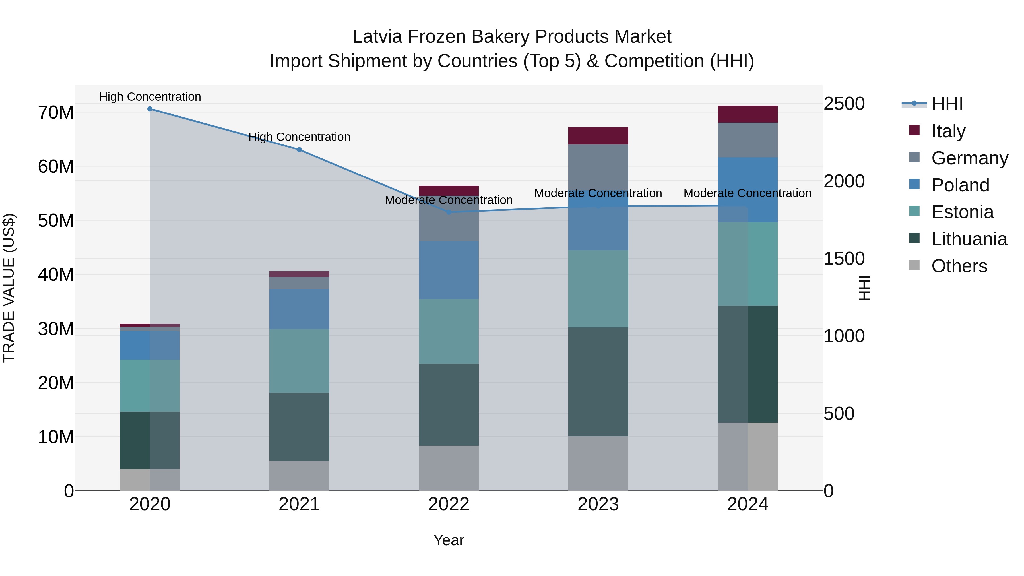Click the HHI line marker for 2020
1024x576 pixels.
click(150, 109)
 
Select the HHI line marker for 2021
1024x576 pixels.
click(299, 150)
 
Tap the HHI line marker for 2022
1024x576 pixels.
click(449, 212)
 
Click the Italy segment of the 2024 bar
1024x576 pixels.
click(747, 114)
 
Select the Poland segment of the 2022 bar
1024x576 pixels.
click(449, 270)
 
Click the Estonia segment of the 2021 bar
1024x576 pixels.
click(299, 361)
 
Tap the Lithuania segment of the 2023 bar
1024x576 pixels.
click(598, 382)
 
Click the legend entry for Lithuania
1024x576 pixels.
click(969, 239)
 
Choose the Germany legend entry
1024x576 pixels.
click(969, 158)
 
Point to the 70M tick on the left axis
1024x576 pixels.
click(56, 112)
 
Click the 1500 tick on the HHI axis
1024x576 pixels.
click(844, 259)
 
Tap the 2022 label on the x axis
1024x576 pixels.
click(449, 504)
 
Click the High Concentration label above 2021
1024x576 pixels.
click(299, 137)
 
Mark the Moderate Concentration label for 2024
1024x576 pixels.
click(747, 193)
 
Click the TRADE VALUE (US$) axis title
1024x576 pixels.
click(9, 288)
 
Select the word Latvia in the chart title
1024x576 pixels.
click(378, 37)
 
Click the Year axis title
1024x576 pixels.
click(449, 540)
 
